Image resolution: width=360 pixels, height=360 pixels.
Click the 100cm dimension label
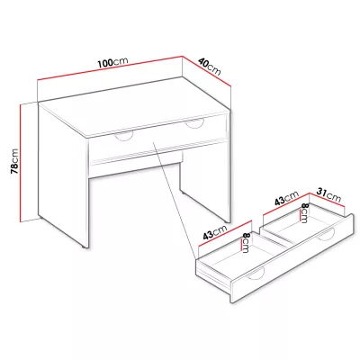(x=112, y=62)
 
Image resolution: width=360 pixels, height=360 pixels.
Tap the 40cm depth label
(x=210, y=67)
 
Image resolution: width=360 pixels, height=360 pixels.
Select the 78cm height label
(x=14, y=161)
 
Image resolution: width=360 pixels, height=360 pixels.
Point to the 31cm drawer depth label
(x=329, y=194)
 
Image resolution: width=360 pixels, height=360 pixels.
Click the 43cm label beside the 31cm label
(x=287, y=198)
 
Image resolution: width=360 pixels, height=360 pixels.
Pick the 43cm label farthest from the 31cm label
(x=215, y=232)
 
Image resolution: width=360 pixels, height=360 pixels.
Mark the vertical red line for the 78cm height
(x=21, y=163)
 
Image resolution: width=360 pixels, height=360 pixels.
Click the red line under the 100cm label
(x=110, y=67)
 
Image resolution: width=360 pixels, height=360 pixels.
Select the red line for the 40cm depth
(x=207, y=71)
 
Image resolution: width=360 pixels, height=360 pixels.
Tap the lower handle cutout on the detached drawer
(x=256, y=274)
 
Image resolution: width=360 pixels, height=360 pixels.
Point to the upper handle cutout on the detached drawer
(x=326, y=235)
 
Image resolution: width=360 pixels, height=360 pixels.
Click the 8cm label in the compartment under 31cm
(x=304, y=213)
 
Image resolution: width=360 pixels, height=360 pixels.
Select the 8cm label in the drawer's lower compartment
(x=246, y=243)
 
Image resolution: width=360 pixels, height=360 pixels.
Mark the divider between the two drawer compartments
(x=275, y=237)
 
